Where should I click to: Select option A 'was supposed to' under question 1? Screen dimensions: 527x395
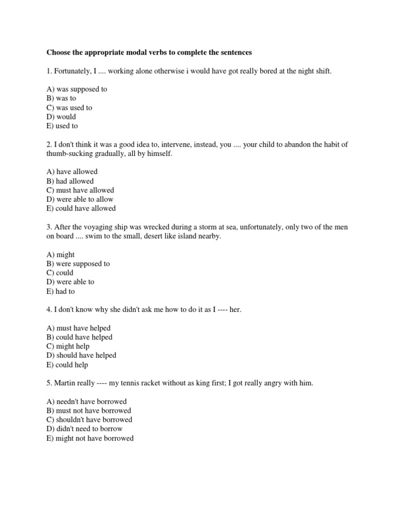pos(77,89)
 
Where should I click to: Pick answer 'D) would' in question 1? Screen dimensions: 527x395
pos(61,117)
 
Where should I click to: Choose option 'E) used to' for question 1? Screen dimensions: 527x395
pos(62,126)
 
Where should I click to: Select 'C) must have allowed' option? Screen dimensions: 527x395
pos(80,190)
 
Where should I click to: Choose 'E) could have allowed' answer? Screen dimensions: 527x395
pos(81,208)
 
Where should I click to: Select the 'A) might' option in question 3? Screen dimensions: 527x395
pos(60,255)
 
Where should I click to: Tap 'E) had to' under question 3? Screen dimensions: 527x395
pos(61,291)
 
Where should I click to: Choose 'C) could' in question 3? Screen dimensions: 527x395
pos(60,273)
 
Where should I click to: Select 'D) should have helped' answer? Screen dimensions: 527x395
pos(81,355)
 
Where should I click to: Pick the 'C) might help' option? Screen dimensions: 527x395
pos(68,346)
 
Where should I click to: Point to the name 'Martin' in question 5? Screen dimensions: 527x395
pos(66,383)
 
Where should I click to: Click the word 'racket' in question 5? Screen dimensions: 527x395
pos(156,383)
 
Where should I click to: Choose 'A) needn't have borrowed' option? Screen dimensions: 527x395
pos(86,401)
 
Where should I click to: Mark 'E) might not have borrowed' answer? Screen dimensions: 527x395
pos(90,438)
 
